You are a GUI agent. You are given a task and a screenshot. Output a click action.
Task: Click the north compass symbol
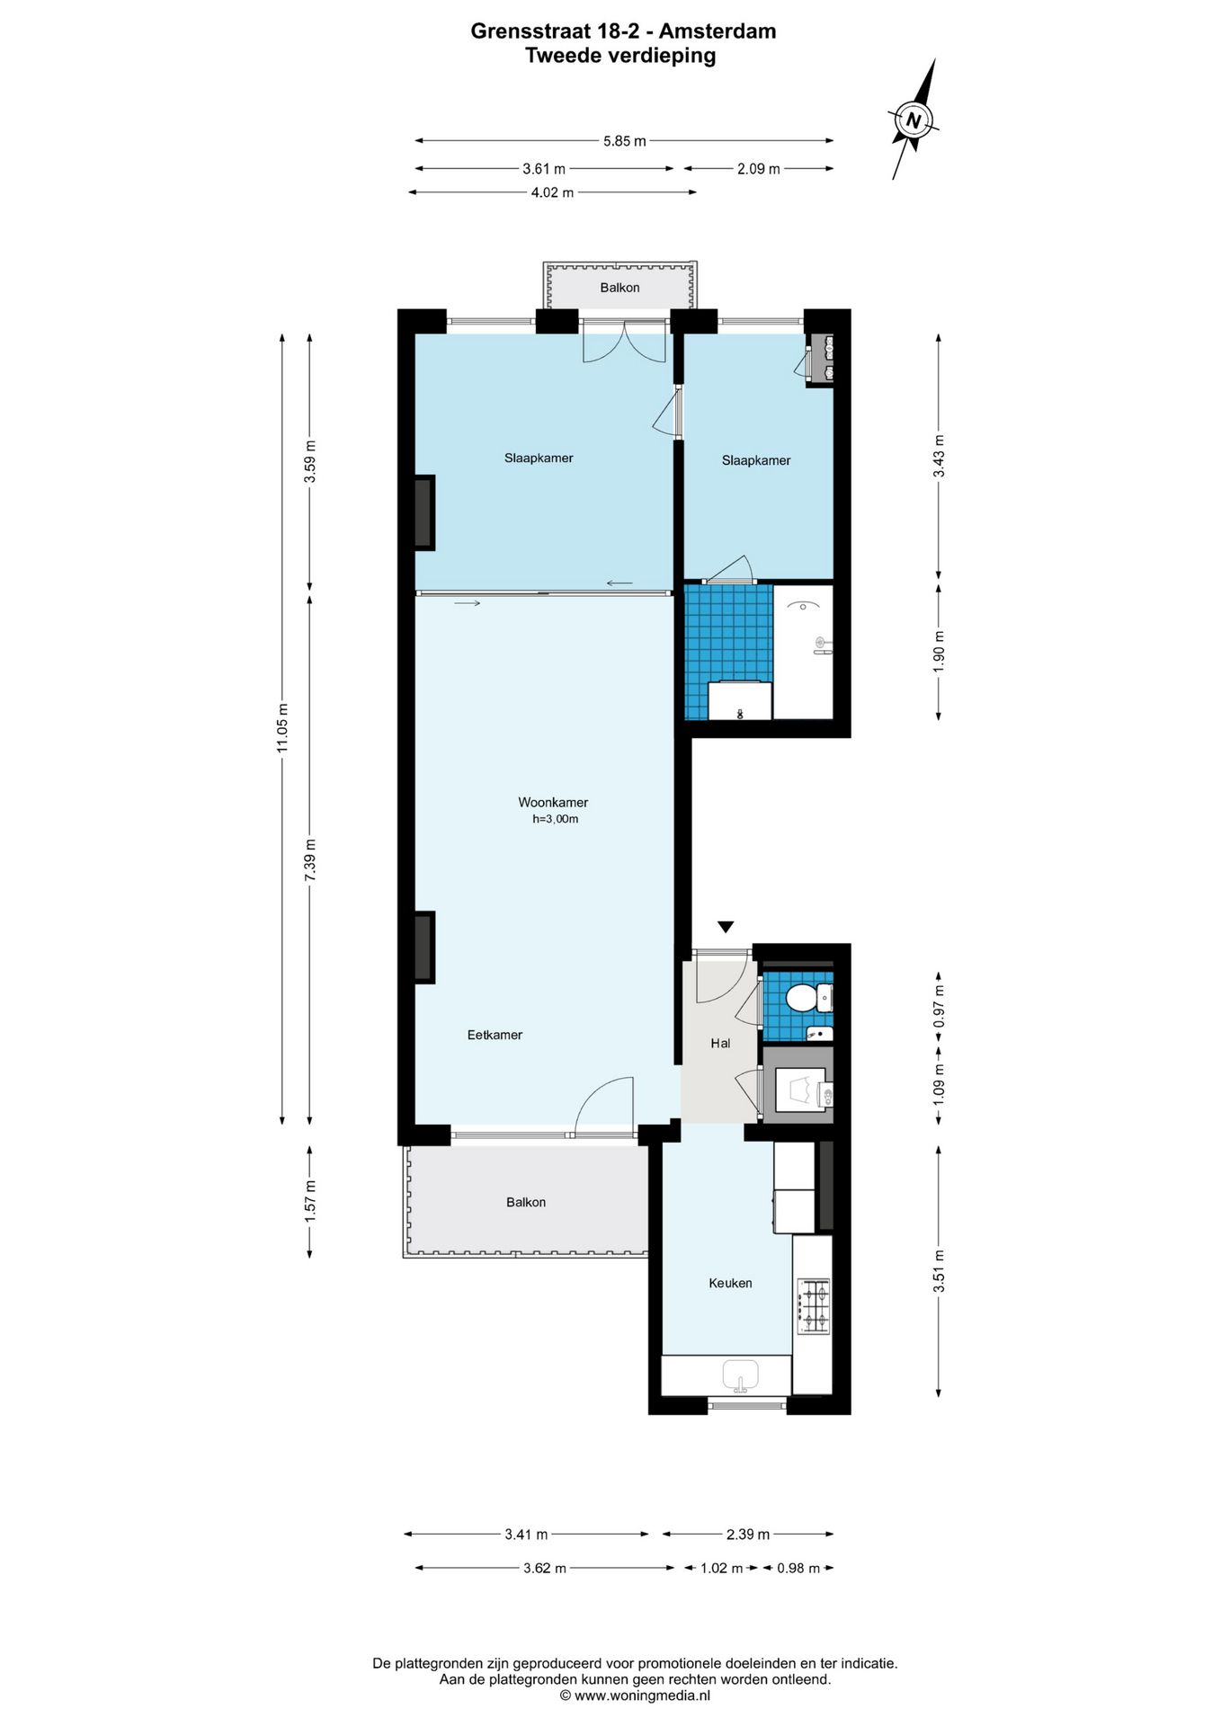tap(914, 120)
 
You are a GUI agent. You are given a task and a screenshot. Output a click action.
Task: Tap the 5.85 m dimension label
tap(624, 141)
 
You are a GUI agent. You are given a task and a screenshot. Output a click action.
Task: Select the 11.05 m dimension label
tap(282, 728)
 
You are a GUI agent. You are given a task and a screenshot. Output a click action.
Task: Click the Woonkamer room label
tap(553, 803)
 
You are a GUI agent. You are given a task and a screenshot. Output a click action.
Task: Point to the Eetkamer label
tap(495, 1035)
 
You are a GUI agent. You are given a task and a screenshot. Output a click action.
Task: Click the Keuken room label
tap(730, 1283)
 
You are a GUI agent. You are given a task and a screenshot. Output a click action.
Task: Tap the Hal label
tap(720, 1043)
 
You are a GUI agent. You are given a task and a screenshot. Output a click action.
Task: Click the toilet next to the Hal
tap(807, 997)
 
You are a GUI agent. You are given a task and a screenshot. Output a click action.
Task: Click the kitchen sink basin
tap(741, 1375)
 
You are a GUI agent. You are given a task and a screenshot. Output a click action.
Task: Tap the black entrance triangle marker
tap(726, 927)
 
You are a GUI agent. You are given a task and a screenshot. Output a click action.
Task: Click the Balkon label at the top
tap(619, 288)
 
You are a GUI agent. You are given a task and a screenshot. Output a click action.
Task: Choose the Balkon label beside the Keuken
tap(526, 1202)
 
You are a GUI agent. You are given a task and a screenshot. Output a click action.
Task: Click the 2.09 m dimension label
tap(758, 168)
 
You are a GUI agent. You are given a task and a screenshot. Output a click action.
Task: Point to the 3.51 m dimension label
tap(939, 1271)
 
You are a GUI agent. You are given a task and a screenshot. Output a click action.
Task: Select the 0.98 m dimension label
tap(798, 1568)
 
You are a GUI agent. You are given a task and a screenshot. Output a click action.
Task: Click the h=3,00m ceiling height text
tap(555, 819)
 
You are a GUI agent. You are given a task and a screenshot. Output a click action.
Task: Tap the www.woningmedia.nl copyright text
tap(635, 1695)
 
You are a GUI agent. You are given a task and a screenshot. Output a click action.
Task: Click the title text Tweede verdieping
tap(620, 56)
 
